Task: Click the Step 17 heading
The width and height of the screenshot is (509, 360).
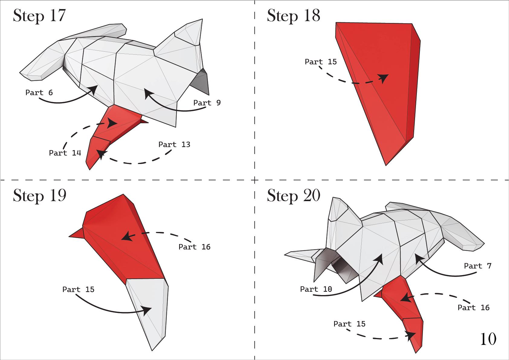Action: pos(39,15)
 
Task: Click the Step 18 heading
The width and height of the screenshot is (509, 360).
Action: pos(293,15)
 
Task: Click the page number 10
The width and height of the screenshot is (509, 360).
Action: pos(488,339)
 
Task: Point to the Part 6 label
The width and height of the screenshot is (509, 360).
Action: pos(39,92)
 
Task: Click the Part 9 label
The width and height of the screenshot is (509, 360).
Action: pos(207,103)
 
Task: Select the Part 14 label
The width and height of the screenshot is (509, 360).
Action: pos(65,153)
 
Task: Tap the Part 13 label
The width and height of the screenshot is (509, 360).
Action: pos(174,144)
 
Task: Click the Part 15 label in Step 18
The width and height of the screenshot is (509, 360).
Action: pos(321,62)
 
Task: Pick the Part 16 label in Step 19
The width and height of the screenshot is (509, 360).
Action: pos(194,247)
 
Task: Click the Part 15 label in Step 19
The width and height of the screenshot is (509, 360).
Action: pos(78,289)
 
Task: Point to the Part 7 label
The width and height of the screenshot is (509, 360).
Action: pos(478,266)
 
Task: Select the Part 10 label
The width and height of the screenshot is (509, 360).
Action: pos(316,289)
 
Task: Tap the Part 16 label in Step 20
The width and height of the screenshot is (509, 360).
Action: pos(473,307)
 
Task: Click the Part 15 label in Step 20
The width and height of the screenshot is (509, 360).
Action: pos(349,324)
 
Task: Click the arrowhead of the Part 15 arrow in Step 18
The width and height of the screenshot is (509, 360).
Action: pos(385,78)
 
